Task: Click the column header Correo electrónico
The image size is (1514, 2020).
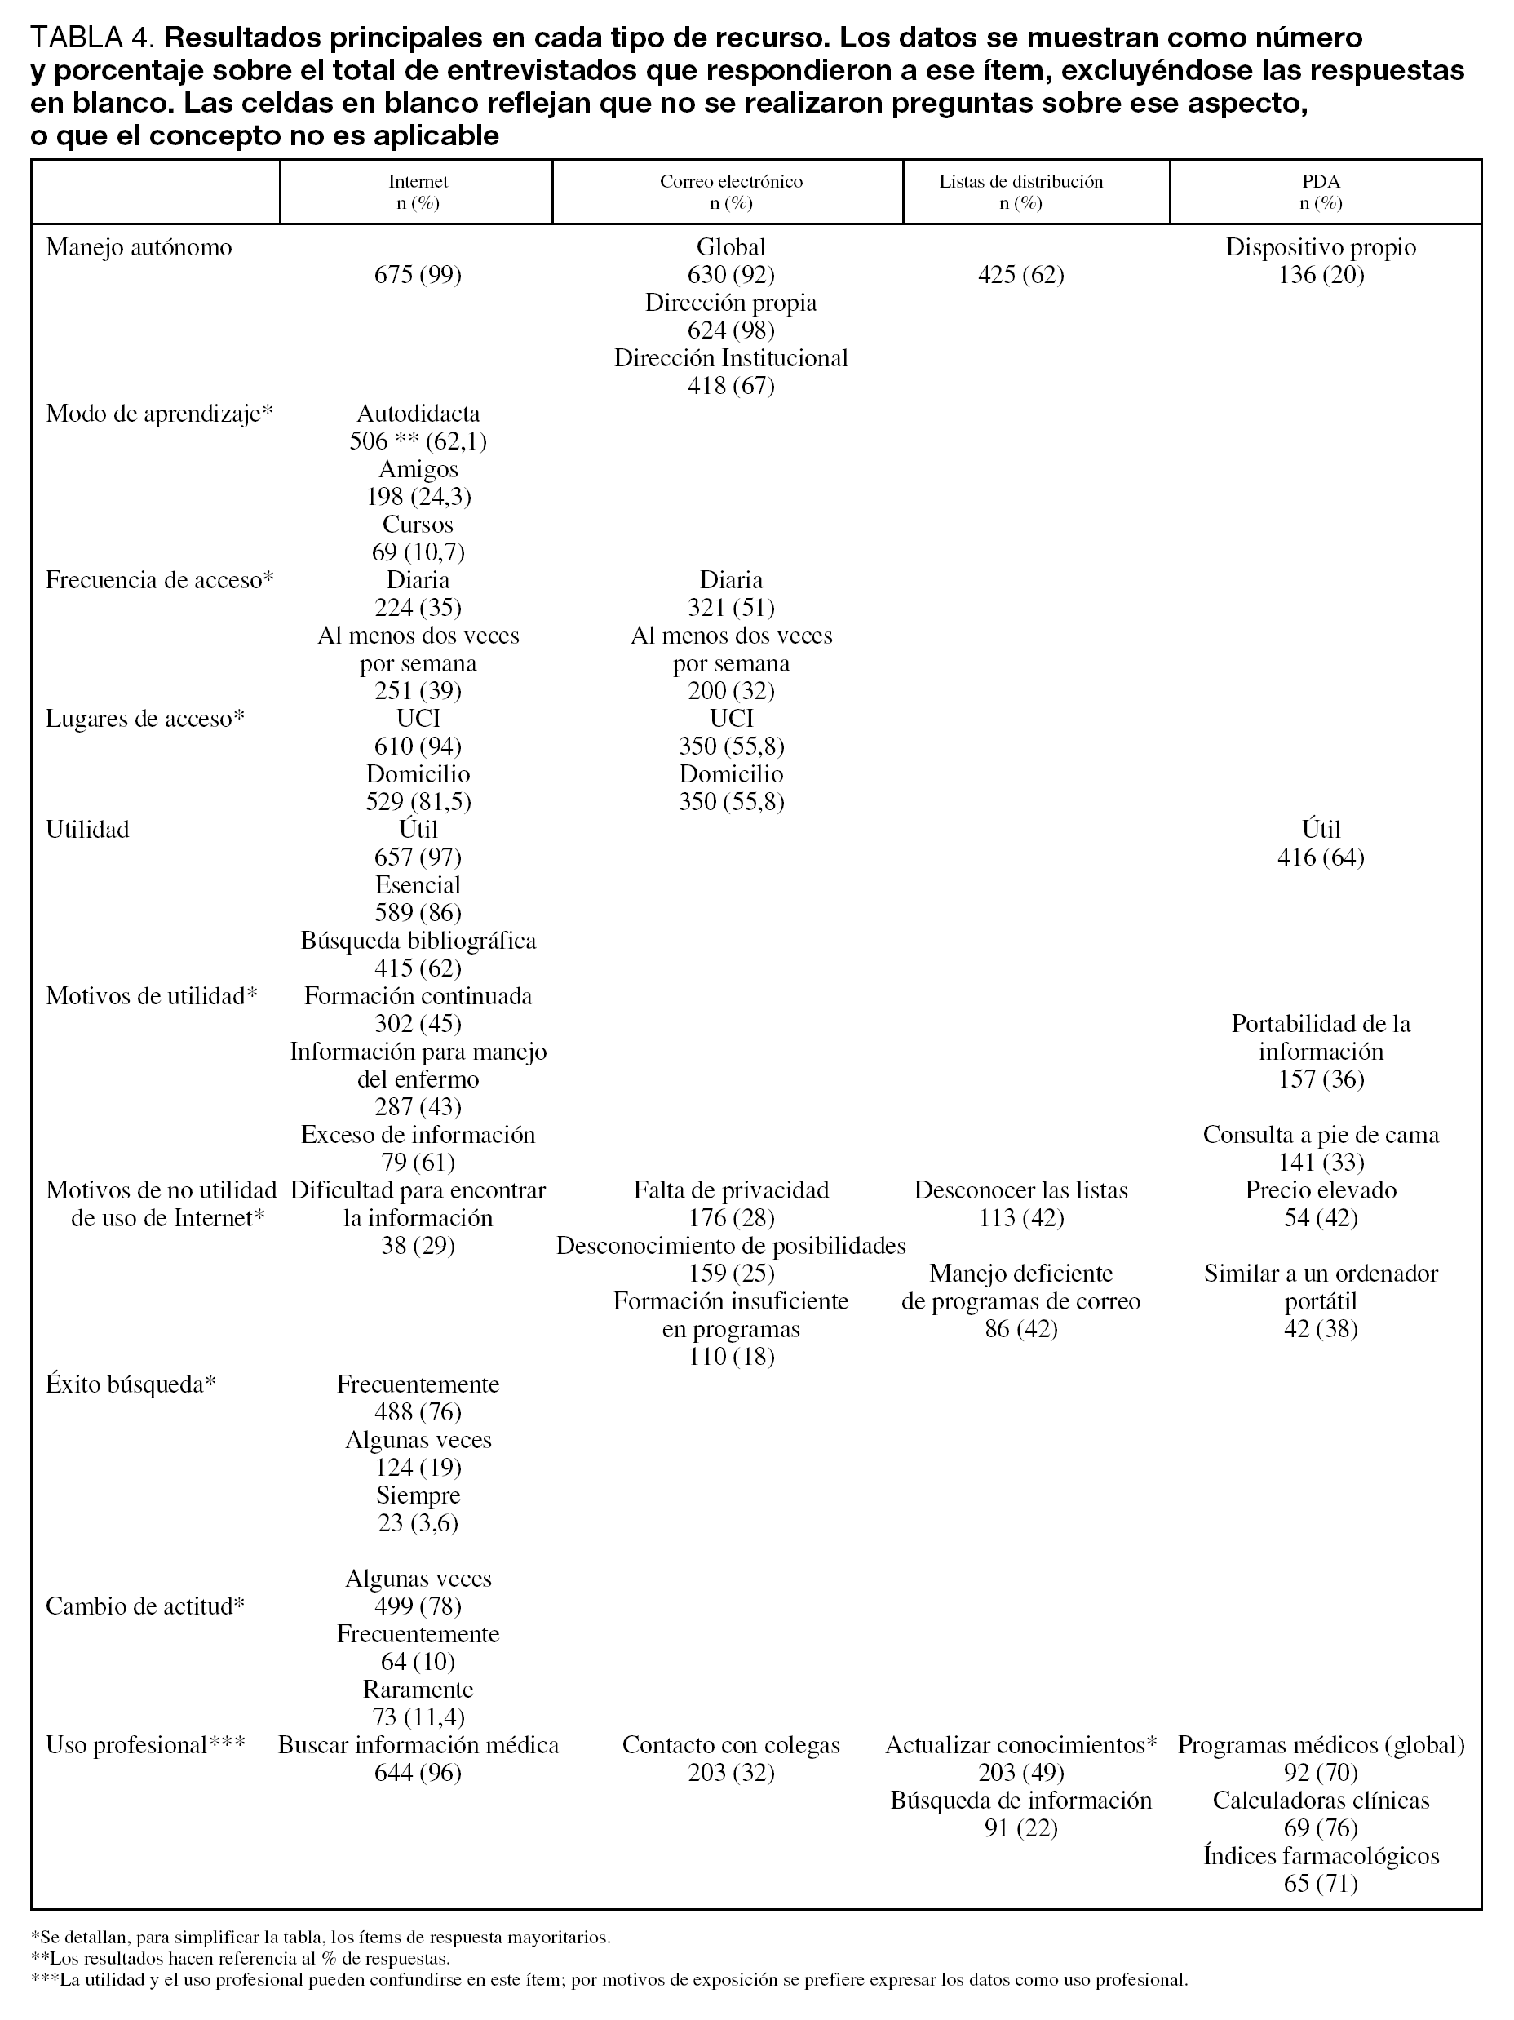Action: [x=731, y=182]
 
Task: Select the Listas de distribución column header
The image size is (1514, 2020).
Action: [x=1021, y=182]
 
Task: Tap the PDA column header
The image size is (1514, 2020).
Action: [x=1321, y=182]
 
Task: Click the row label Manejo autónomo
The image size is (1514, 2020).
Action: [x=139, y=247]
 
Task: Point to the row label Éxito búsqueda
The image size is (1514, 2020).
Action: [x=131, y=1384]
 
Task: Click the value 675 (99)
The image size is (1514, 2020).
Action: [x=418, y=275]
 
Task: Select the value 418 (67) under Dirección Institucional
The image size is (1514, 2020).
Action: [x=731, y=386]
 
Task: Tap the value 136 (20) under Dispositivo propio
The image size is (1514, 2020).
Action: [x=1321, y=275]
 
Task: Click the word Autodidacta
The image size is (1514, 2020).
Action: [x=418, y=414]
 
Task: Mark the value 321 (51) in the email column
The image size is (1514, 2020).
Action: [x=731, y=608]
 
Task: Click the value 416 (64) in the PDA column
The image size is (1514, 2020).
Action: [x=1321, y=857]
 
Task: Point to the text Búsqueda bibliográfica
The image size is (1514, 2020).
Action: [x=418, y=941]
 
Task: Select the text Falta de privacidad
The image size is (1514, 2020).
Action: [x=731, y=1191]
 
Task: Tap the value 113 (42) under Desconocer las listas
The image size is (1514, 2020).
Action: [x=1021, y=1218]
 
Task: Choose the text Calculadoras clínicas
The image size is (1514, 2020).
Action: [x=1321, y=1801]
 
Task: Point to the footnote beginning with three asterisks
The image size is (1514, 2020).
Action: [x=609, y=1981]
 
